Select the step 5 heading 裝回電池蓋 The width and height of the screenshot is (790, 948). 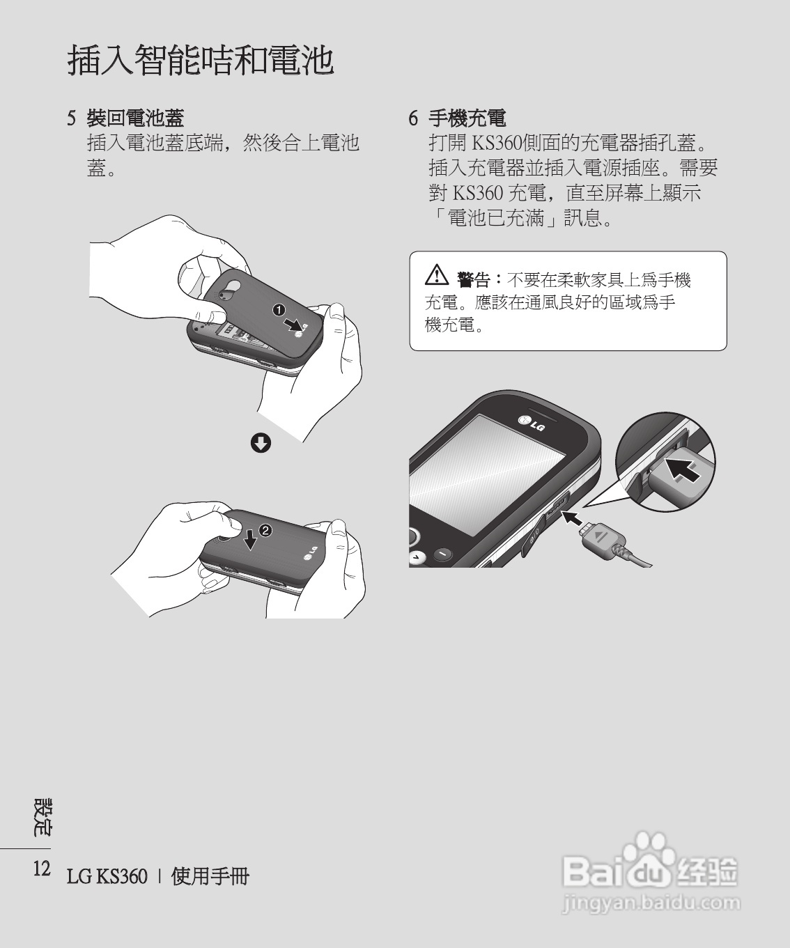point(134,118)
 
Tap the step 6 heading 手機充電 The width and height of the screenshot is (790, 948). point(466,118)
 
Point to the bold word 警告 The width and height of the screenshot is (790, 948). point(474,280)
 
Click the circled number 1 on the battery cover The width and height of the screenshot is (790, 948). point(279,309)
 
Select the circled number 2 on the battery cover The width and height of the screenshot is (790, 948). point(265,530)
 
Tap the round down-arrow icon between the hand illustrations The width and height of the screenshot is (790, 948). point(261,442)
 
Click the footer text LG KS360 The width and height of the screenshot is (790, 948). point(107,876)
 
